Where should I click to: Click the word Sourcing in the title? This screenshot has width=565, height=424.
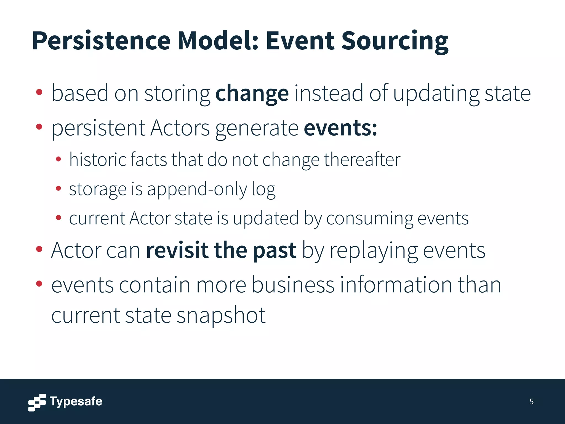tap(395, 41)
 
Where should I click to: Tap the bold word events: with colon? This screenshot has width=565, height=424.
tap(340, 128)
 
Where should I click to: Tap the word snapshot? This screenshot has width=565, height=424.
tap(221, 315)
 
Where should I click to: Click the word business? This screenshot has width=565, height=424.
tap(293, 285)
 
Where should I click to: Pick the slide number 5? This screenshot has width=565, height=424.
tap(531, 402)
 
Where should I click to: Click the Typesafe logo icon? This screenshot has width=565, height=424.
tap(37, 402)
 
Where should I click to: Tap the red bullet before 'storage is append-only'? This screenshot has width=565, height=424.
tap(58, 189)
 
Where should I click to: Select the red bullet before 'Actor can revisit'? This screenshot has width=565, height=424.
tap(39, 249)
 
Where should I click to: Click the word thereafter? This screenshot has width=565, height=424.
tap(362, 160)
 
